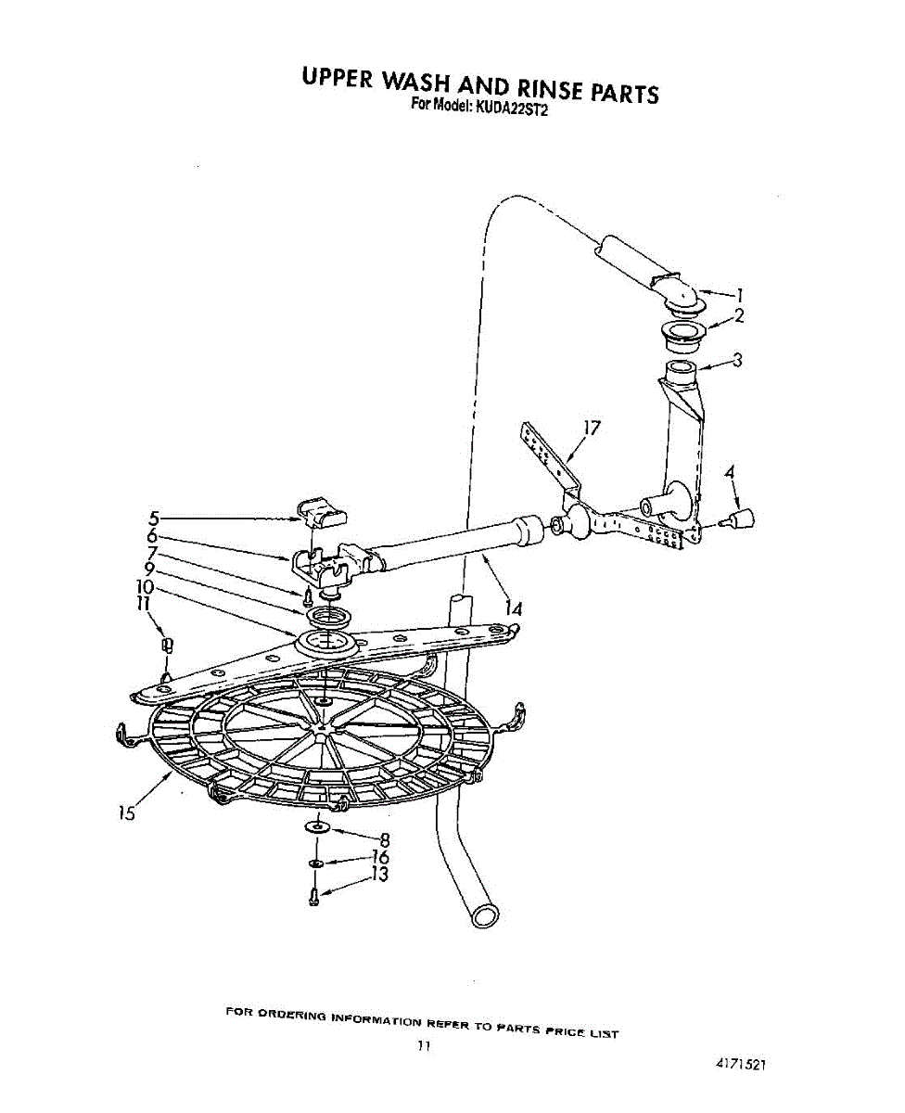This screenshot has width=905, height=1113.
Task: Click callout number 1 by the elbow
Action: [740, 296]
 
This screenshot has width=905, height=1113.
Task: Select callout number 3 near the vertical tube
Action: [738, 361]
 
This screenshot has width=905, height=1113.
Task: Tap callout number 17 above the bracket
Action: [591, 428]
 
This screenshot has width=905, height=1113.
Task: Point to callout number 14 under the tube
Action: [514, 609]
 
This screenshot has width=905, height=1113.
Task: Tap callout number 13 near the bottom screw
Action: [378, 874]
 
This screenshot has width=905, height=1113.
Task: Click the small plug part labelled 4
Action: [745, 518]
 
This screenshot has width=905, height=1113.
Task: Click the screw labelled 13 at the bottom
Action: [314, 896]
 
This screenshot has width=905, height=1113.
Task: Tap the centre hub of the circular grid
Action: [320, 733]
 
